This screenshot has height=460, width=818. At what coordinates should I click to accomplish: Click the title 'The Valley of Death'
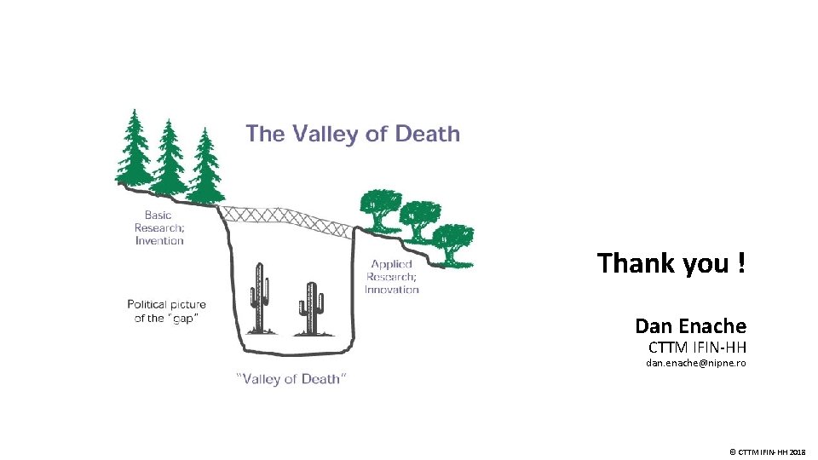pos(353,135)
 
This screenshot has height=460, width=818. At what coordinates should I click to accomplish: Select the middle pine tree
pos(170,157)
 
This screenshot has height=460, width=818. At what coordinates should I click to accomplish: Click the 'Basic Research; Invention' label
pos(159,227)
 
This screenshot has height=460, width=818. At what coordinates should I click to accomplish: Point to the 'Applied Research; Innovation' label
pos(392,277)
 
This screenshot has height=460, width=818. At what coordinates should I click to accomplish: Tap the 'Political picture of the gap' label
pos(166,311)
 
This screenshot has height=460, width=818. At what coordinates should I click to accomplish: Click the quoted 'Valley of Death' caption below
pos(291,379)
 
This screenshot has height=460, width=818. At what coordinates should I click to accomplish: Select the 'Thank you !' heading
pos(671,262)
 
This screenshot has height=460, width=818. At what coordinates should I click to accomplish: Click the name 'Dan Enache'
pos(690,325)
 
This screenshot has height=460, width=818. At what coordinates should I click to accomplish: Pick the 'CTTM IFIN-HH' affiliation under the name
pos(697,348)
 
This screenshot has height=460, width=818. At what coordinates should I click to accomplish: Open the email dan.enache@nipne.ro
pos(695,364)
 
